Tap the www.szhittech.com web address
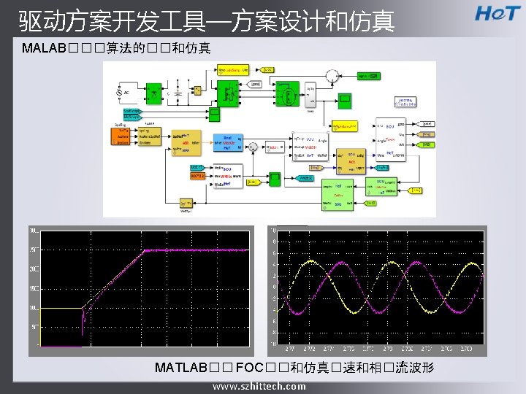(259, 386)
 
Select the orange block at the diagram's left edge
(122, 136)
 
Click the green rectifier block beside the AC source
(156, 92)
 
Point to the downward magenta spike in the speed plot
(82, 330)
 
